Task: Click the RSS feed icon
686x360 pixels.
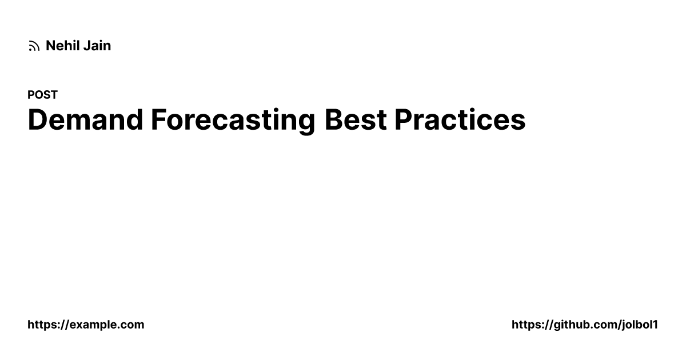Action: [34, 46]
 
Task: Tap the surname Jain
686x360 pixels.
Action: [97, 46]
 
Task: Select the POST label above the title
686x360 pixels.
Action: [42, 95]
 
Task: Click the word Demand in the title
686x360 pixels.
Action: [85, 119]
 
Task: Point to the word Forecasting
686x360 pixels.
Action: [233, 121]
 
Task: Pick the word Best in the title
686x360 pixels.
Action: [356, 119]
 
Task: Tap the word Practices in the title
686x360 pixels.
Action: [460, 119]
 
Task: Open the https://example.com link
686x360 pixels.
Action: [86, 325]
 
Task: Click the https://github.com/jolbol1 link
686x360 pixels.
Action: [585, 325]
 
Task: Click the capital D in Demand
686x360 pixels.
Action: [38, 119]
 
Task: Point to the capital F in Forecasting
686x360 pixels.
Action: [159, 119]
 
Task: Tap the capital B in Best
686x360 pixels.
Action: [334, 119]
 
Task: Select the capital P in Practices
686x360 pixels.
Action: [404, 119]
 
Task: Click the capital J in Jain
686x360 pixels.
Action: [87, 46]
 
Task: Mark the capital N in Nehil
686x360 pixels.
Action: [50, 46]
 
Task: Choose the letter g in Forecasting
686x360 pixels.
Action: [306, 123]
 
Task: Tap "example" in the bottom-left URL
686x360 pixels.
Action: [93, 325]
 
